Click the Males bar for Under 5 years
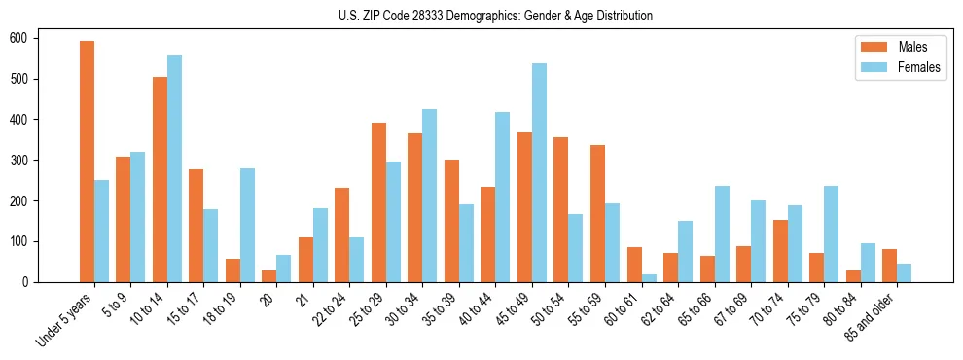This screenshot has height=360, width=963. click(88, 162)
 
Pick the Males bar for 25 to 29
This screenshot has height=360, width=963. click(378, 202)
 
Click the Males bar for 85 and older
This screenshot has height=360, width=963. click(889, 266)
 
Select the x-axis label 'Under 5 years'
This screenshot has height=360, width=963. click(66, 320)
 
